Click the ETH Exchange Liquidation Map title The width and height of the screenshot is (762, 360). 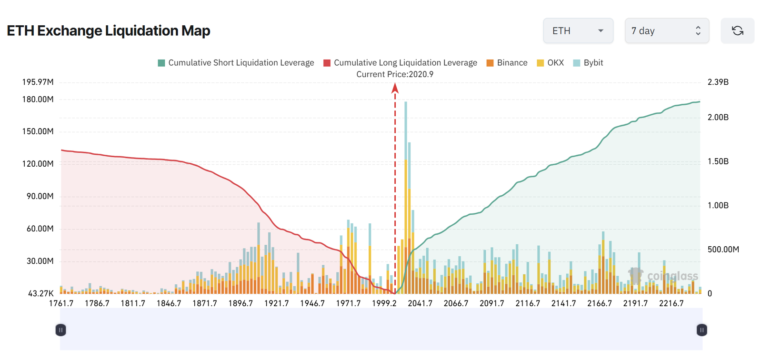(x=109, y=31)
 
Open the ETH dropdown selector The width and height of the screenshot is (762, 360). (x=578, y=31)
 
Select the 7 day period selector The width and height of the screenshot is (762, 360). (x=666, y=31)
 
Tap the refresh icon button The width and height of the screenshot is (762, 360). (x=737, y=31)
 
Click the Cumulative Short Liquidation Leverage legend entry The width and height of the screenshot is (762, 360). (x=236, y=63)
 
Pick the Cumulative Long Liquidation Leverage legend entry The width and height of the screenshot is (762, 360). (x=400, y=63)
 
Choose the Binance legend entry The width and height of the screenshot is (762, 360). (x=507, y=63)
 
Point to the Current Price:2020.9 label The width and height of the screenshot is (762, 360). (x=395, y=74)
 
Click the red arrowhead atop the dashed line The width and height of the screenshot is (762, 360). (x=395, y=88)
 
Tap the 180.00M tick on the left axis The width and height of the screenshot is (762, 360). (x=38, y=100)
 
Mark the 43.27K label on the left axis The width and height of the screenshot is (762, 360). (x=40, y=293)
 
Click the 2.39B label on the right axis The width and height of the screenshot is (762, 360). (x=718, y=82)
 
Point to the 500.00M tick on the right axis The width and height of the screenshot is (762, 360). (x=723, y=250)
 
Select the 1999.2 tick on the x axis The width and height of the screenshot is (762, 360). (x=384, y=303)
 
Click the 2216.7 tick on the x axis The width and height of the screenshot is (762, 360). (x=671, y=303)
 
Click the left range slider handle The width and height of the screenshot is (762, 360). (x=60, y=330)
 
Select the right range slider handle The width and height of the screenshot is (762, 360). (x=702, y=330)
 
